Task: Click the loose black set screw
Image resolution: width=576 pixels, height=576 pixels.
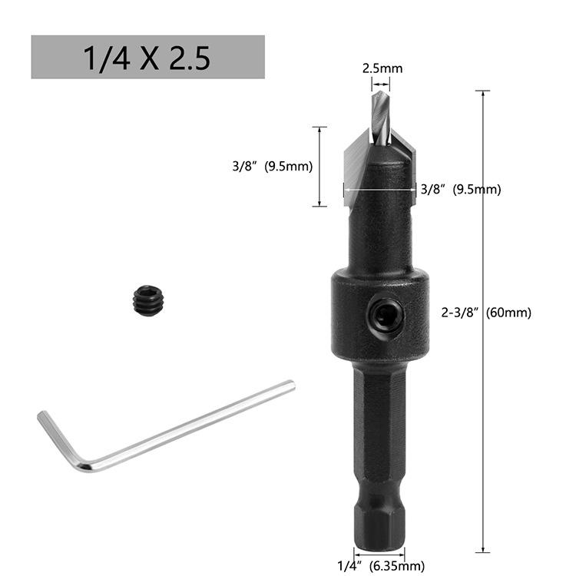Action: click(x=148, y=301)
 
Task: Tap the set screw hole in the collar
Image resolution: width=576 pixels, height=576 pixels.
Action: click(x=387, y=316)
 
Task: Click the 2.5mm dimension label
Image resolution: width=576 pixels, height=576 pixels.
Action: click(x=382, y=68)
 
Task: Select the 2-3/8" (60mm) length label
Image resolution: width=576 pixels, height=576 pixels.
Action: click(x=486, y=313)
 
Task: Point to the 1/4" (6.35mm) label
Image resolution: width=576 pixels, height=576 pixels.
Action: click(x=381, y=565)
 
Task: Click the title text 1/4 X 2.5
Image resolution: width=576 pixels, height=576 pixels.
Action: click(x=147, y=58)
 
